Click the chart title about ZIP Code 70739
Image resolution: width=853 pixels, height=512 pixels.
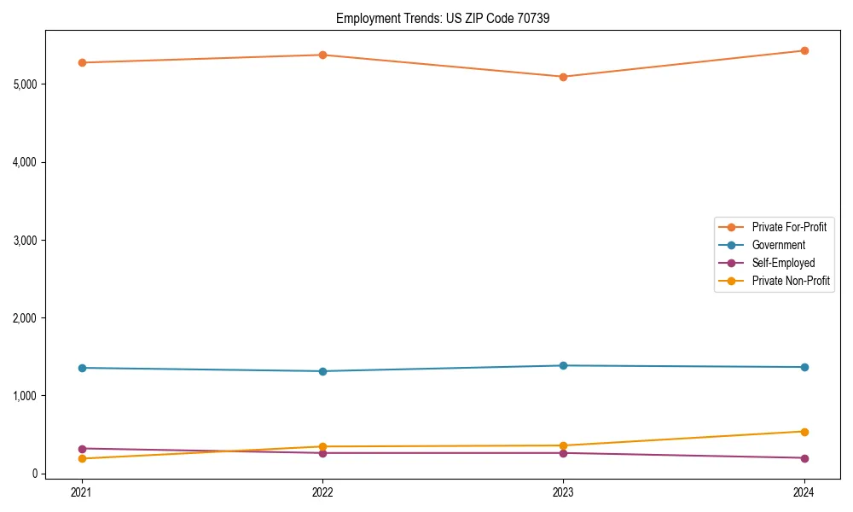tap(437, 18)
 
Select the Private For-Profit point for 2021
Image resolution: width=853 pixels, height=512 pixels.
tap(82, 62)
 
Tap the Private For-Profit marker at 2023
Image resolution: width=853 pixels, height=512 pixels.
tap(563, 77)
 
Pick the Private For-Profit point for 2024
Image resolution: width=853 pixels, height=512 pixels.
tap(804, 50)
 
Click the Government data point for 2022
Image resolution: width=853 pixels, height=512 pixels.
tap(322, 371)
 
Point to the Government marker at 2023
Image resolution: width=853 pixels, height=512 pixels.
tap(563, 365)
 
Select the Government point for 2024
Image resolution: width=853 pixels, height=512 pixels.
tap(804, 367)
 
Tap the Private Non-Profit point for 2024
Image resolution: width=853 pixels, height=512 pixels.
tap(804, 432)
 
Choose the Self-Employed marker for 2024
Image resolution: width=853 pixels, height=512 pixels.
tap(804, 458)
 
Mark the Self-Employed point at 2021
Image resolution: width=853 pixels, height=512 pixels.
tap(82, 449)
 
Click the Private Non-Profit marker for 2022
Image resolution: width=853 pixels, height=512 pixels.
tap(322, 446)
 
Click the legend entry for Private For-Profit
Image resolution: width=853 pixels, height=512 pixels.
tap(788, 227)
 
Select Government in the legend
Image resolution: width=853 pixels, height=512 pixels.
tap(778, 245)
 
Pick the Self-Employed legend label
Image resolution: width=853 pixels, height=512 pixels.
tap(783, 263)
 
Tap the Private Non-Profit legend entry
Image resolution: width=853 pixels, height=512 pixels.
tap(791, 281)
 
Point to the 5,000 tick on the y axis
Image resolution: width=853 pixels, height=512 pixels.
tap(25, 84)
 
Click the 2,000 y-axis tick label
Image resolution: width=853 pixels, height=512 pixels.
tap(25, 318)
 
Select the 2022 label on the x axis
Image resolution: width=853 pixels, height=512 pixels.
tap(322, 492)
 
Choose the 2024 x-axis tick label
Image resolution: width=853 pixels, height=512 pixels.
tap(804, 492)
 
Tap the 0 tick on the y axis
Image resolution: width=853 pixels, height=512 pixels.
tap(34, 474)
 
